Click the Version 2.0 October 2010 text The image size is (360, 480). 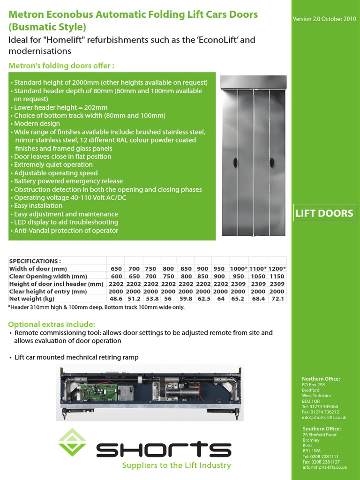pyautogui.click(x=323, y=19)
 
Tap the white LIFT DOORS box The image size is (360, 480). pyautogui.click(x=323, y=213)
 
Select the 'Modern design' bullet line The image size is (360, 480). pyautogui.click(x=37, y=124)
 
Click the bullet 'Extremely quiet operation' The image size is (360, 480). pyautogui.click(x=53, y=165)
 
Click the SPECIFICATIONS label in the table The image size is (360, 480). pyautogui.click(x=35, y=261)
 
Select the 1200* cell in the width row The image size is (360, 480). pyautogui.click(x=277, y=269)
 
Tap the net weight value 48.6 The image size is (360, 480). pyautogui.click(x=116, y=299)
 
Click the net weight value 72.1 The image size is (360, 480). pyautogui.click(x=277, y=299)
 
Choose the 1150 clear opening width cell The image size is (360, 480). pyautogui.click(x=277, y=276)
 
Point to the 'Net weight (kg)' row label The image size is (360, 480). pyautogui.click(x=32, y=299)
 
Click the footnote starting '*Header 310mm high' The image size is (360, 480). pyautogui.click(x=96, y=307)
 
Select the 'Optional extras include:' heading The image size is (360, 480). pyautogui.click(x=52, y=324)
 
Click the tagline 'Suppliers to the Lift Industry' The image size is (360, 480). pyautogui.click(x=176, y=465)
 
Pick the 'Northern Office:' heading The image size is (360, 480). pyautogui.click(x=321, y=379)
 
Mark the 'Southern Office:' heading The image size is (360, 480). pyautogui.click(x=322, y=429)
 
